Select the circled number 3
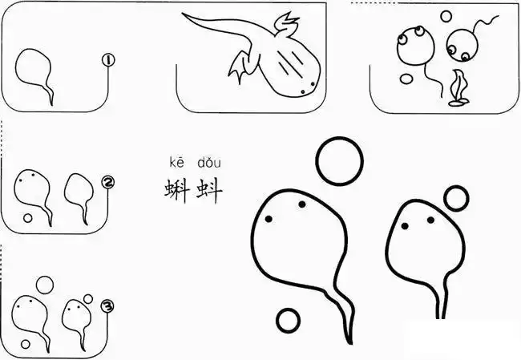pos(107,304)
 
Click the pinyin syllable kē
pos(176,164)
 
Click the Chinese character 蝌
pos(176,192)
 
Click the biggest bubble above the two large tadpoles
pos(339,160)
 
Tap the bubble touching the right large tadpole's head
pos(455,197)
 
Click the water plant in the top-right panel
pos(459,87)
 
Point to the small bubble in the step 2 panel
pos(28,217)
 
